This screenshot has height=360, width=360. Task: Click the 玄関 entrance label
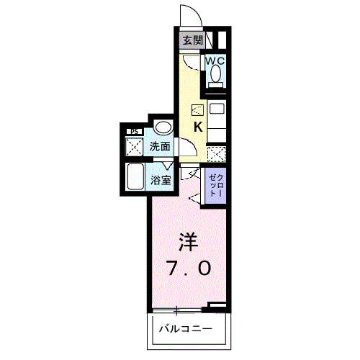click(x=193, y=40)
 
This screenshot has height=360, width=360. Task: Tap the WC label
click(x=215, y=61)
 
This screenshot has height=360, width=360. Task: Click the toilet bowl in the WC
click(x=215, y=73)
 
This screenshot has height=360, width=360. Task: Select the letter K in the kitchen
click(x=198, y=127)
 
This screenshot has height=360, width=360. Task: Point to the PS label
click(x=134, y=132)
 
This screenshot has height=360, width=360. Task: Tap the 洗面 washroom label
click(x=160, y=146)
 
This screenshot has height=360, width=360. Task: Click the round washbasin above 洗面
click(x=163, y=127)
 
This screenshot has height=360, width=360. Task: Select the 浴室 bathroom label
click(x=161, y=180)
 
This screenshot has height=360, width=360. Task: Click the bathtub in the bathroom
click(x=136, y=176)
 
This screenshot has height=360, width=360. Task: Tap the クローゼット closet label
click(x=215, y=186)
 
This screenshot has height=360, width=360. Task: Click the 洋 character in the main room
click(x=189, y=242)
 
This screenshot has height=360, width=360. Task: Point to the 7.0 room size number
click(x=189, y=269)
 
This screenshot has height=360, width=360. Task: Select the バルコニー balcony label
click(x=186, y=328)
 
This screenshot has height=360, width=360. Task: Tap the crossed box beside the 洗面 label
click(x=135, y=146)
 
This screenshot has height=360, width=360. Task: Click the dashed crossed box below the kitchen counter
click(x=217, y=153)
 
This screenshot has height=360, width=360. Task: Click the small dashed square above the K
click(x=197, y=110)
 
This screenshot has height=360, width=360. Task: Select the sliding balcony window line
click(x=177, y=310)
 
